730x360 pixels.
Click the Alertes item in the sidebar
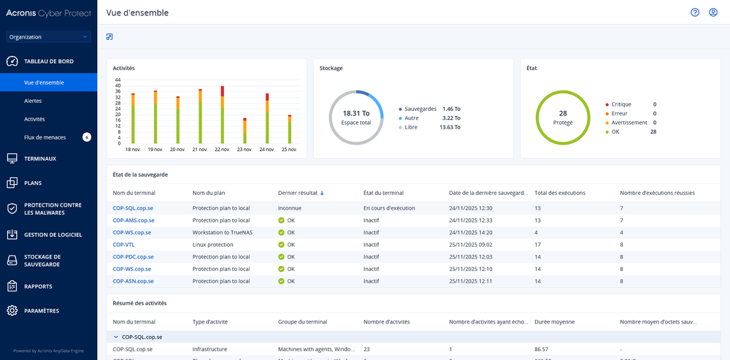[x=33, y=101]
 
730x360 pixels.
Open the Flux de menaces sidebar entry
[x=45, y=137]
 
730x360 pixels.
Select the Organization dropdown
[x=48, y=37]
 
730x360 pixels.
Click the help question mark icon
[x=695, y=12]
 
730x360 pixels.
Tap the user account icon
[x=713, y=12]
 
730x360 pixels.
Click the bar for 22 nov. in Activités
[x=222, y=115]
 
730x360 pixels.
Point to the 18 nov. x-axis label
[x=133, y=149]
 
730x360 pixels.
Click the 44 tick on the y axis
[x=118, y=80]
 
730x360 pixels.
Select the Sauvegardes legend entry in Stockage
[x=420, y=108]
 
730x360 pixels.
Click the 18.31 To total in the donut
[x=356, y=113]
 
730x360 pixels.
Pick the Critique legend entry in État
[x=621, y=104]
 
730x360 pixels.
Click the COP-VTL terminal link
[x=123, y=245]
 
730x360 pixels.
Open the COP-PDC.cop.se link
[x=133, y=257]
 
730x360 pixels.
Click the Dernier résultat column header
[x=297, y=193]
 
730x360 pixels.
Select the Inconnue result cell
[x=290, y=208]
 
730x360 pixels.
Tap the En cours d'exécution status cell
[x=389, y=208]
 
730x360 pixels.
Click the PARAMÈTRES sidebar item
[x=42, y=311]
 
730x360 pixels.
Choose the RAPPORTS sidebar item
[x=38, y=286]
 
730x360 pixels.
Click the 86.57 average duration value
[x=542, y=349]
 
